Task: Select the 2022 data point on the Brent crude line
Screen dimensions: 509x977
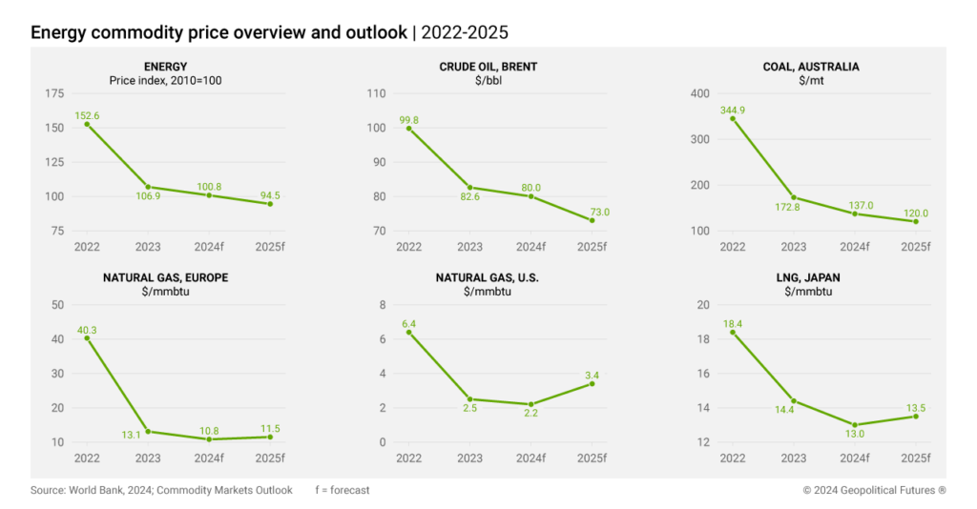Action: click(409, 128)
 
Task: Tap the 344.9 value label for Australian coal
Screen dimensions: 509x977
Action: click(733, 110)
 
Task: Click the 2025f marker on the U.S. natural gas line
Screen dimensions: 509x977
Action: click(592, 383)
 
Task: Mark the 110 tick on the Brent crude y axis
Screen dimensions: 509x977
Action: click(378, 93)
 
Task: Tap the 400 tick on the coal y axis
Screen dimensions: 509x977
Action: click(700, 93)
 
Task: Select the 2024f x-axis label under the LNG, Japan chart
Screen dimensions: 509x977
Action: click(855, 458)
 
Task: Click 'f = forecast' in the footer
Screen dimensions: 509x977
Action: click(342, 490)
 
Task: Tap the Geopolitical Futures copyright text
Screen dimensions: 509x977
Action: click(874, 490)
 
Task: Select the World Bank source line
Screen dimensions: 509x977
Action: click(161, 490)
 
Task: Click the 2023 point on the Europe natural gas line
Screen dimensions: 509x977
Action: click(148, 432)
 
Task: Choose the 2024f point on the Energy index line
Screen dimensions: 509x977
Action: click(209, 195)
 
